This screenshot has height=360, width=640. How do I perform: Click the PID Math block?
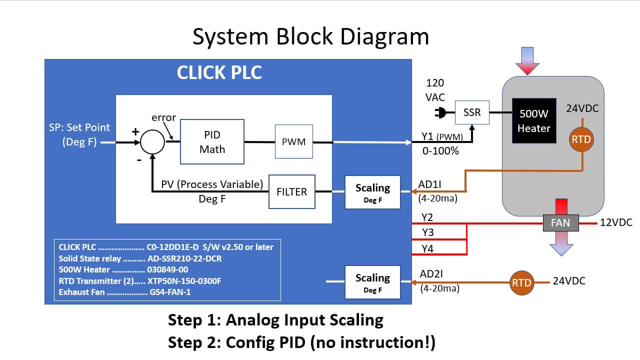212,142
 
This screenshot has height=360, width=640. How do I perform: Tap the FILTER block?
292,191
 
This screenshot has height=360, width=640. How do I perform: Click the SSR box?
472,112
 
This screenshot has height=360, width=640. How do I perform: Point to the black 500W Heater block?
534,121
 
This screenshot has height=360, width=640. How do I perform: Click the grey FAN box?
560,223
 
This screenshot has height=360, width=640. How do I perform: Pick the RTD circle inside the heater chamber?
581,140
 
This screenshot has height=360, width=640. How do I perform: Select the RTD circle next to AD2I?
521,282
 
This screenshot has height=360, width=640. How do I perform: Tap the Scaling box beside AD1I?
372,192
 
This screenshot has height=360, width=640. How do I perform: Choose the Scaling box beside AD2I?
372,282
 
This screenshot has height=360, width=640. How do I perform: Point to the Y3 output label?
427,232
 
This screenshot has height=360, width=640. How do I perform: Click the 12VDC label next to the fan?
616,222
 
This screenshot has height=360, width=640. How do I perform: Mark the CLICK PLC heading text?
219,72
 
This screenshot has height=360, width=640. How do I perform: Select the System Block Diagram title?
310,37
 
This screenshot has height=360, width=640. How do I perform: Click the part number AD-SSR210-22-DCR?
184,258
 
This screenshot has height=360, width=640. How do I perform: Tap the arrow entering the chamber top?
527,60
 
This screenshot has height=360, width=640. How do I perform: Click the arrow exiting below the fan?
560,244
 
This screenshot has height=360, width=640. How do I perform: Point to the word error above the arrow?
163,118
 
